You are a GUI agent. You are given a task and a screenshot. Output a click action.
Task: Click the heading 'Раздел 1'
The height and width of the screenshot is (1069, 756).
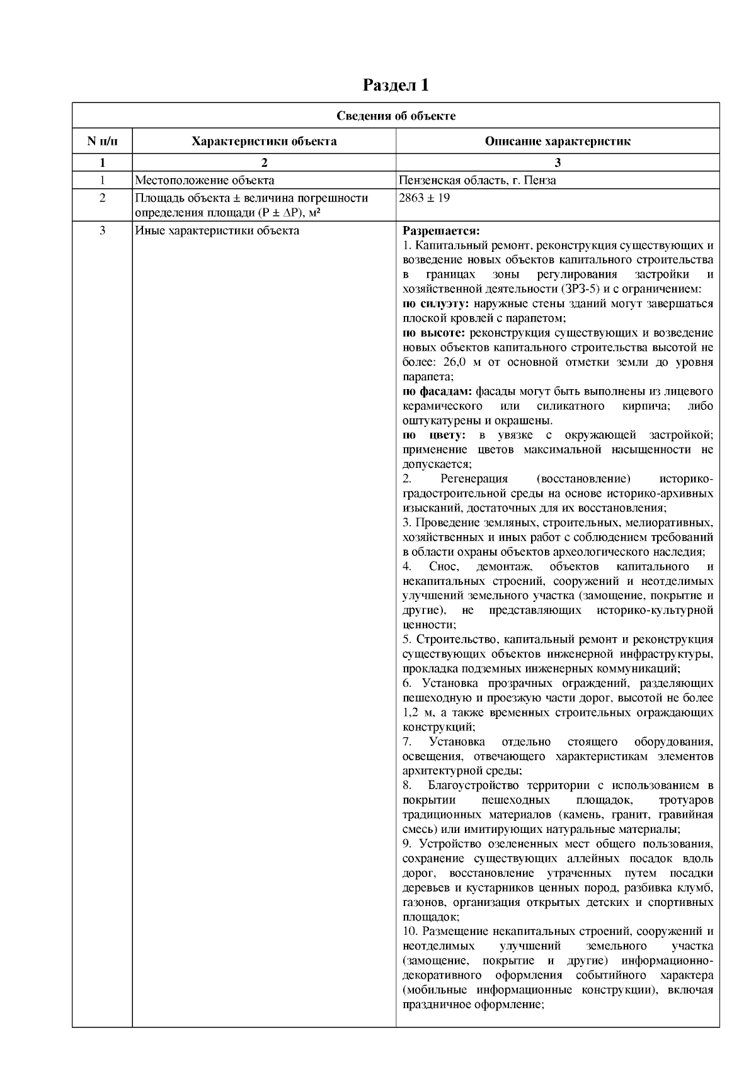point(396,85)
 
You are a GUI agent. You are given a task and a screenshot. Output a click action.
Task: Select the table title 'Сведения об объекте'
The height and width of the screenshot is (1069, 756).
point(396,116)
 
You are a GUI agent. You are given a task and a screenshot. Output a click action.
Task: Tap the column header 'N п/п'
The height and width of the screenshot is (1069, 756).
point(102,141)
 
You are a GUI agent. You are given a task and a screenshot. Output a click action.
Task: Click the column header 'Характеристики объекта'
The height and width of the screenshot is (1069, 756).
point(264,141)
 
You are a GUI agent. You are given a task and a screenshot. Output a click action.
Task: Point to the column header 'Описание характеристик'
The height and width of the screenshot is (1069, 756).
point(558,141)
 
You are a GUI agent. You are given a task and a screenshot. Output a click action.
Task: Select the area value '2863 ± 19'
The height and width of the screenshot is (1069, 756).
point(425,198)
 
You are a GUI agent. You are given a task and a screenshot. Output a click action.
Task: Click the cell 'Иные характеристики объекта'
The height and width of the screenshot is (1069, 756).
point(217,230)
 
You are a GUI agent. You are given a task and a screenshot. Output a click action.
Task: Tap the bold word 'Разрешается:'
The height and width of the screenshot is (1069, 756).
point(441,230)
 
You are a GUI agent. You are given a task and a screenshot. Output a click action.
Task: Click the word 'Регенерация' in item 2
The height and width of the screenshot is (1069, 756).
point(474,479)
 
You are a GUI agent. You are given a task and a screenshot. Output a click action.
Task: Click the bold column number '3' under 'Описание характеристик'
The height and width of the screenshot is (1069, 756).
point(558,162)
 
